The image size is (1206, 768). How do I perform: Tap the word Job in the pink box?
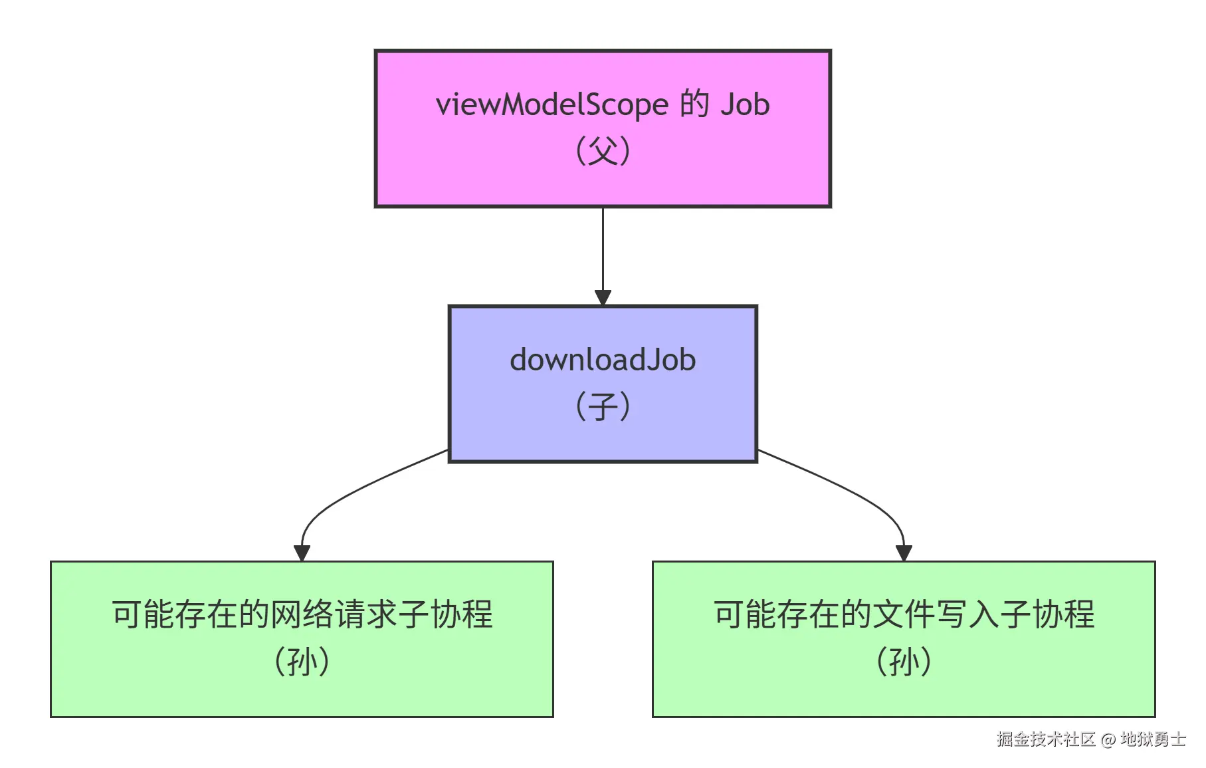[x=744, y=105]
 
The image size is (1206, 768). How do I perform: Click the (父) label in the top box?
[x=603, y=151]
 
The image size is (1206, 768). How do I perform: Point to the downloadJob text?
[x=603, y=360]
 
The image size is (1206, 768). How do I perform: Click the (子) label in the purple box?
[x=603, y=406]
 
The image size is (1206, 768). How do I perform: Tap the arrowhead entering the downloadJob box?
[x=603, y=297]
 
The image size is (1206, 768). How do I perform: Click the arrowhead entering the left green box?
[x=302, y=553]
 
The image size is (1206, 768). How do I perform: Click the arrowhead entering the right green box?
[x=904, y=553]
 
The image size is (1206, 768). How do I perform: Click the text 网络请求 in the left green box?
[x=334, y=614]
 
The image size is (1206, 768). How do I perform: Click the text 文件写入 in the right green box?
[x=936, y=614]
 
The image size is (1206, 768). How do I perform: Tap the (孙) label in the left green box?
[x=302, y=662]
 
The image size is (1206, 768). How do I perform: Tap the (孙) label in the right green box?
[x=904, y=662]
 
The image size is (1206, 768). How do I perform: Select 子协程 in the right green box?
[x=1047, y=614]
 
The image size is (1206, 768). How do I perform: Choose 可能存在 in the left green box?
[x=174, y=614]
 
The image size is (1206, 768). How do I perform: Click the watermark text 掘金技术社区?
[x=1045, y=739]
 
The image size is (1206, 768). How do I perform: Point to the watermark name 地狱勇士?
[x=1153, y=739]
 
